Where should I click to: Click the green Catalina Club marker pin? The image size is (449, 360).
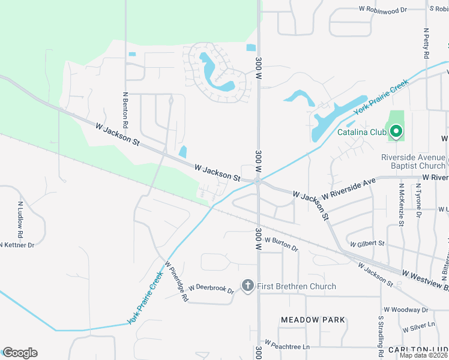pyautogui.click(x=396, y=131)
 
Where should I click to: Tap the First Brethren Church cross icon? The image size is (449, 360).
pyautogui.click(x=247, y=286)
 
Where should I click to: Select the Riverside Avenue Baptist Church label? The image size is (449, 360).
pyautogui.click(x=413, y=161)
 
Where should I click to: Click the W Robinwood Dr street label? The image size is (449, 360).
pyautogui.click(x=383, y=10)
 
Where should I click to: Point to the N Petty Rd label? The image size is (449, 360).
pyautogui.click(x=426, y=43)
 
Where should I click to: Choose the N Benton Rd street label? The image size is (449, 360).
pyautogui.click(x=125, y=110)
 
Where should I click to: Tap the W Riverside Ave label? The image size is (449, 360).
pyautogui.click(x=348, y=188)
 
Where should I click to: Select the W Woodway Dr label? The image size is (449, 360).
pyautogui.click(x=406, y=310)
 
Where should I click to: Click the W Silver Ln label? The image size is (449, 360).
pyautogui.click(x=419, y=328)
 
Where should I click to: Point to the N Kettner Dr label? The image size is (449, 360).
pyautogui.click(x=17, y=245)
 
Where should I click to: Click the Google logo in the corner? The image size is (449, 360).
pyautogui.click(x=19, y=353)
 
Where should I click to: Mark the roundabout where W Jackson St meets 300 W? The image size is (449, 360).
pyautogui.click(x=257, y=181)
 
